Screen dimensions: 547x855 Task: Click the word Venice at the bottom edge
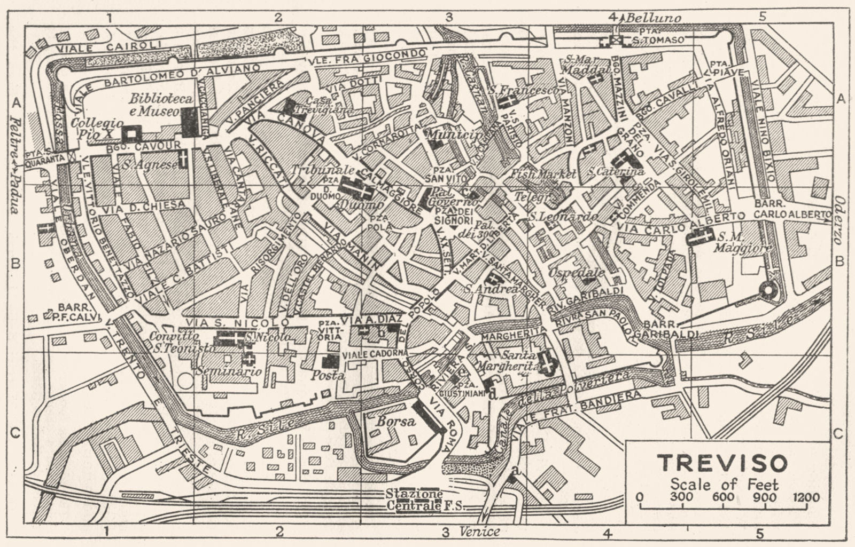coord(479,532)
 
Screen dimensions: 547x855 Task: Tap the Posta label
coord(328,375)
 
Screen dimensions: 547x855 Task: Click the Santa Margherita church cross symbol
coord(547,362)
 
